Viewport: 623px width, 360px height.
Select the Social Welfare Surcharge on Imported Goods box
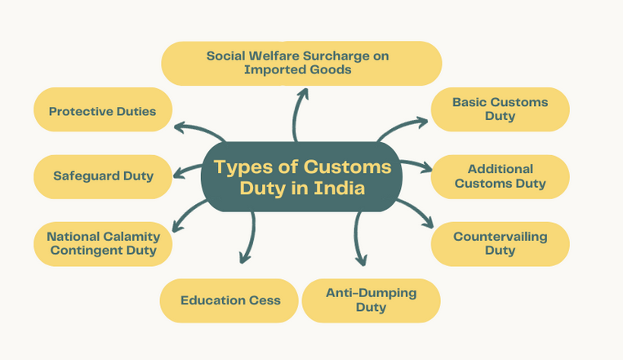click(301, 64)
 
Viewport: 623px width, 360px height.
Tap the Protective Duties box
click(102, 111)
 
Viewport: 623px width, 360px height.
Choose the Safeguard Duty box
click(103, 176)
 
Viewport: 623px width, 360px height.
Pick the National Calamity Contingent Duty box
click(103, 243)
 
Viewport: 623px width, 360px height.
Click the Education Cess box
click(230, 300)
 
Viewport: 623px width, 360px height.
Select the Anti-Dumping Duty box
click(371, 300)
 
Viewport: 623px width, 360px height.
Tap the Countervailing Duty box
click(500, 243)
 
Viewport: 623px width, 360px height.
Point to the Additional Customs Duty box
click(500, 176)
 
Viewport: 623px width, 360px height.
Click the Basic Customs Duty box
click(500, 109)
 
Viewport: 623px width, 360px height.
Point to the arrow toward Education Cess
click(247, 237)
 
